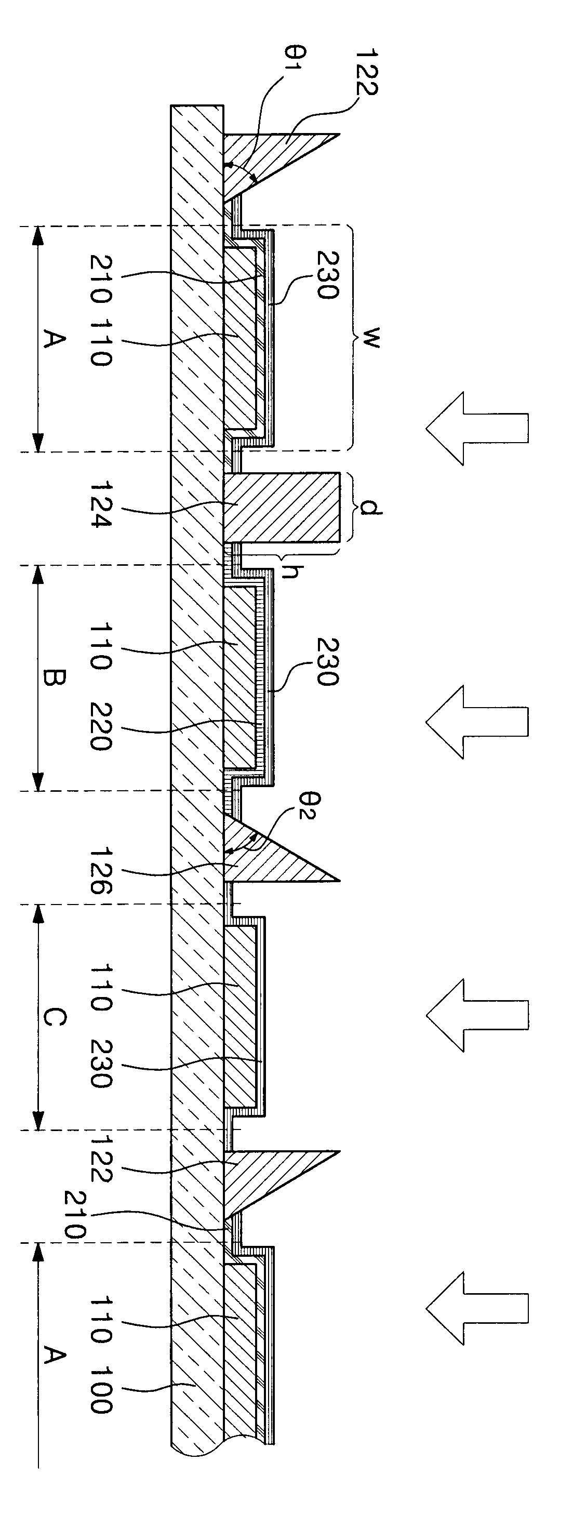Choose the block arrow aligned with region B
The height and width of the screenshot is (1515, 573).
[476, 721]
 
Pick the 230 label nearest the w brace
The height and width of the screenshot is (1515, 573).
[327, 275]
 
